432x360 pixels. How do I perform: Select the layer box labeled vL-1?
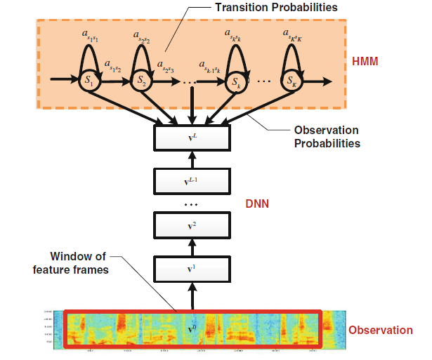[192, 182]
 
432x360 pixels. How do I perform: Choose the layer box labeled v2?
[192, 226]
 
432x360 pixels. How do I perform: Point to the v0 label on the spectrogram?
[192, 328]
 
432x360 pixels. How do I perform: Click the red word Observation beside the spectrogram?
[381, 330]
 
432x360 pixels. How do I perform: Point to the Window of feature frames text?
[79, 263]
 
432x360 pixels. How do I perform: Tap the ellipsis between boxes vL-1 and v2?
[192, 204]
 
